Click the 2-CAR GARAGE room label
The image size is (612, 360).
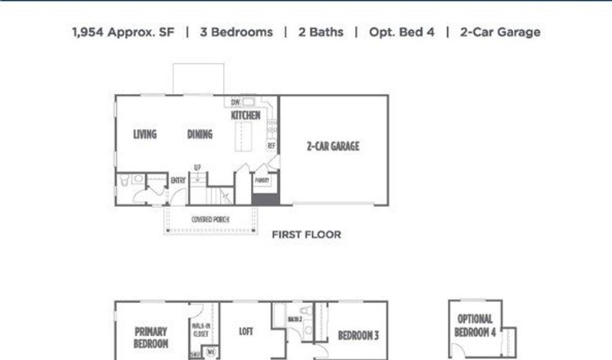click(333, 146)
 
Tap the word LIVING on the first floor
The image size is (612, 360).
click(145, 134)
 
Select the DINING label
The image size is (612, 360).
click(200, 134)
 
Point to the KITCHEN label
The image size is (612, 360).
click(245, 116)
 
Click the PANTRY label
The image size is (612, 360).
click(262, 180)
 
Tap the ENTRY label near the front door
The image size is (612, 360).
click(178, 180)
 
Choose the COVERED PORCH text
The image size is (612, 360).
click(210, 219)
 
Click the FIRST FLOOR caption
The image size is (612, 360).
click(306, 235)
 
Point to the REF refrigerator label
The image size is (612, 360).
click(271, 146)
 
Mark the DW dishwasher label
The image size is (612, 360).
click(235, 103)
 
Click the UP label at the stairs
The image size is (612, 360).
click(197, 167)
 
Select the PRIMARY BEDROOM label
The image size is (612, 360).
click(151, 338)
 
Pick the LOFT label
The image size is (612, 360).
click(246, 331)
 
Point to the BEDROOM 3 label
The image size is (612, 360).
click(358, 335)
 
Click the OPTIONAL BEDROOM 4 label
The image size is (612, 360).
click(475, 325)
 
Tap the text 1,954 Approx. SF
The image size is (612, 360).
click(123, 32)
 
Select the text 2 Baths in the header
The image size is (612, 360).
click(320, 32)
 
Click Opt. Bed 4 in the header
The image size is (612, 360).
click(401, 32)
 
